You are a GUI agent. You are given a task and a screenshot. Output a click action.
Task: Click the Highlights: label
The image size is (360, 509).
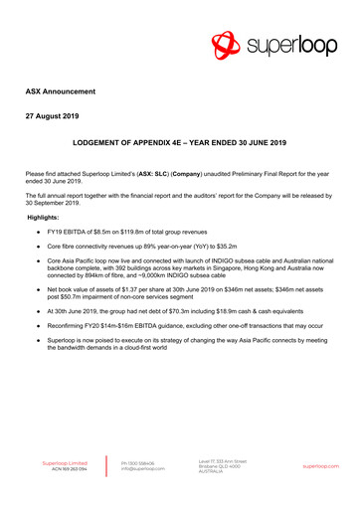[44, 216]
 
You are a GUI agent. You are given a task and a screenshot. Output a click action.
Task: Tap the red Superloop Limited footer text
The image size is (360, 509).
[65, 463]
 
